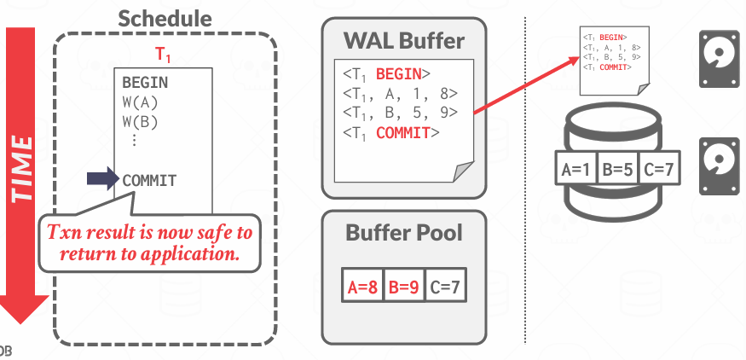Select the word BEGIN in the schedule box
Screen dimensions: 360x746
(x=145, y=84)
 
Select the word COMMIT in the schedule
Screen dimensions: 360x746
(x=149, y=180)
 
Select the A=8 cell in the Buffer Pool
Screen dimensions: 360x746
(x=361, y=287)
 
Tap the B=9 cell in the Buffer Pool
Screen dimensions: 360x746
(x=403, y=287)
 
